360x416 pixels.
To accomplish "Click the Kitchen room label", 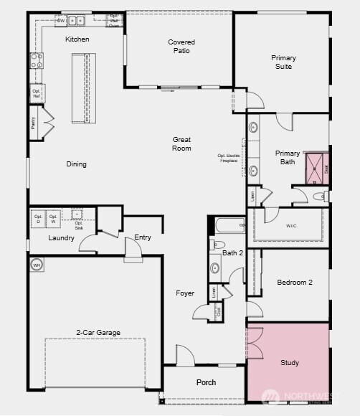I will click(x=77, y=39).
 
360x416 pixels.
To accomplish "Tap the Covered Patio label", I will click(x=181, y=47).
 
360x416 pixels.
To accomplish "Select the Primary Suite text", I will click(x=283, y=62).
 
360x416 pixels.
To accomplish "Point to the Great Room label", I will click(x=181, y=143).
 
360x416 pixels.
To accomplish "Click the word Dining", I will click(x=77, y=164).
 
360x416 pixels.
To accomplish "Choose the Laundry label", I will click(x=62, y=237).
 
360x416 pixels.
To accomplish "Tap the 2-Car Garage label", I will click(x=98, y=332).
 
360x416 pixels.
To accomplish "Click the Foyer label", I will click(x=185, y=293).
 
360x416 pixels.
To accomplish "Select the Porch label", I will click(x=206, y=382).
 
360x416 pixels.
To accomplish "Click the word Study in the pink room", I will click(x=290, y=363).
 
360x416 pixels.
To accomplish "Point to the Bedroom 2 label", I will click(x=295, y=283).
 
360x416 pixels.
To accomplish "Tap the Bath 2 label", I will click(x=233, y=253).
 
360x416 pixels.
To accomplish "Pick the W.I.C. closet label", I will click(x=292, y=225).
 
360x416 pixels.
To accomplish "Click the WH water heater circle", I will click(x=37, y=265).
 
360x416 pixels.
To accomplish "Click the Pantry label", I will click(x=33, y=123).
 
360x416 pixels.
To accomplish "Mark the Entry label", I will click(x=143, y=237).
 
